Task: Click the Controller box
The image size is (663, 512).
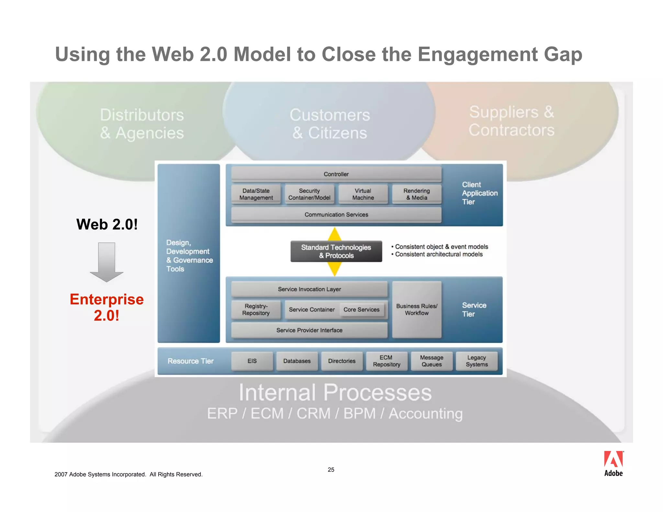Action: pos(336,174)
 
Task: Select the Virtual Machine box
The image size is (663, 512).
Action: pos(363,194)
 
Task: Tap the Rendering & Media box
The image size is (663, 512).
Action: pos(417,194)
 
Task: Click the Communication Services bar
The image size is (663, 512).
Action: pos(336,215)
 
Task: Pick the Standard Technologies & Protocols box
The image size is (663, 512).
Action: pos(336,251)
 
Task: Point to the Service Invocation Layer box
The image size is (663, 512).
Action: pos(309,289)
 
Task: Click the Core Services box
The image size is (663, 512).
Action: pos(361,310)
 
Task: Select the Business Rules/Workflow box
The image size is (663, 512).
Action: pos(417,310)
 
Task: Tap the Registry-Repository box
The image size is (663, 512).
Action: pos(256,310)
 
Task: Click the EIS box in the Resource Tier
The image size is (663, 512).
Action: pos(252,361)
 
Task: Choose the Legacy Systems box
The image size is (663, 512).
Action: pos(477,361)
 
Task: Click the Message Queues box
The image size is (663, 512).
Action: pos(432,361)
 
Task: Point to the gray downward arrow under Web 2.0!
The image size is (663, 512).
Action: pos(107,262)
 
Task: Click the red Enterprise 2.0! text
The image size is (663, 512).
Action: pos(107,307)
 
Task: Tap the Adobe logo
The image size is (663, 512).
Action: pos(613,463)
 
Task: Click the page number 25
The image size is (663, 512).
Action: pos(331,470)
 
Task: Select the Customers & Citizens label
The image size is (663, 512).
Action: pos(330,124)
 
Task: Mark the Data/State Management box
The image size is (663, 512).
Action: pos(256,194)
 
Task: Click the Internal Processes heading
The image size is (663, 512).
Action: pos(335,393)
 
